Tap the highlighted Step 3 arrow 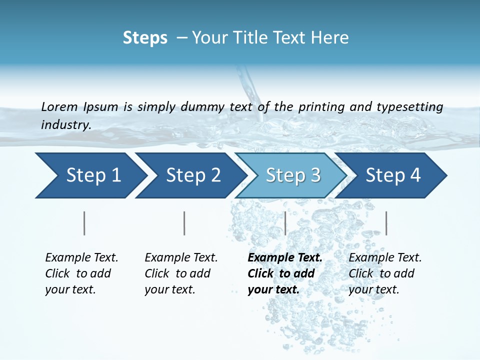click(293, 175)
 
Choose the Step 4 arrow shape click(393, 175)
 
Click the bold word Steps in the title click(145, 38)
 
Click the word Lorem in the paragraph click(59, 106)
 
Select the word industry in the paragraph click(65, 125)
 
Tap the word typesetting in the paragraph click(409, 106)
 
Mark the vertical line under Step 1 click(84, 223)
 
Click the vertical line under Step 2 click(184, 223)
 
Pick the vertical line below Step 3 click(285, 223)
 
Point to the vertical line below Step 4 click(386, 223)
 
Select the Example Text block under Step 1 click(81, 273)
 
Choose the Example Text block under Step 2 click(181, 273)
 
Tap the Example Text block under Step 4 click(385, 273)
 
